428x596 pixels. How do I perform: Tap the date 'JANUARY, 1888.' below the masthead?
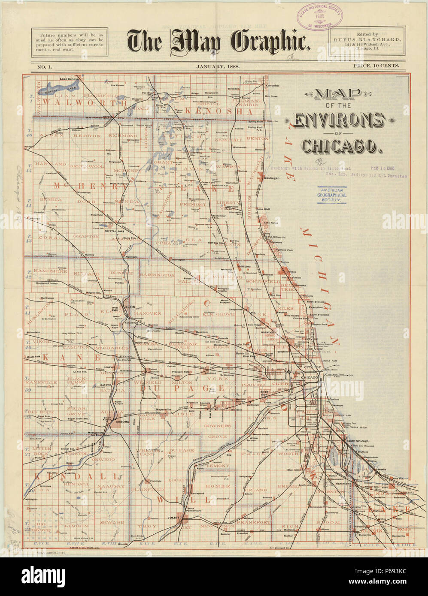pyautogui.click(x=218, y=66)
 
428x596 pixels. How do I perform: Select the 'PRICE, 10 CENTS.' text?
pyautogui.click(x=376, y=66)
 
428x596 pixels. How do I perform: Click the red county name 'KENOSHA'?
pyautogui.click(x=220, y=111)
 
